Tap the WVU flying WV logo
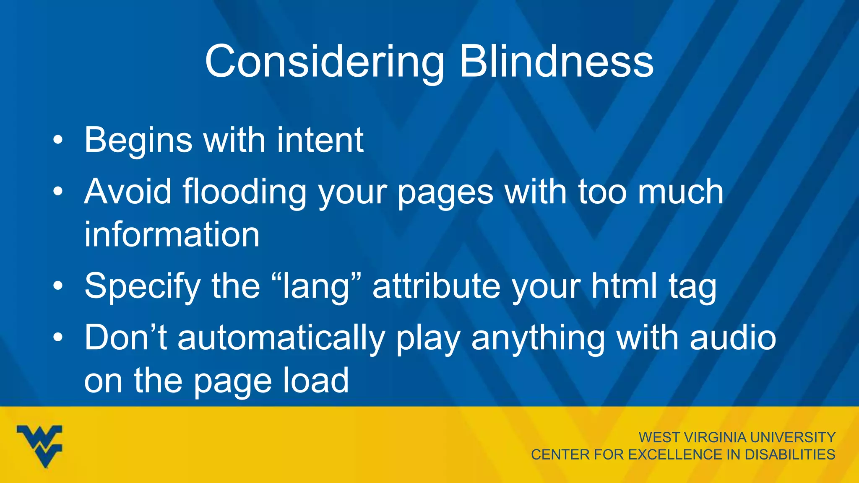[x=39, y=446]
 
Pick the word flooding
[x=245, y=192]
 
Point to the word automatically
[x=281, y=338]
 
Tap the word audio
[x=733, y=338]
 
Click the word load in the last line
[x=315, y=380]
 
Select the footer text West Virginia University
[x=737, y=437]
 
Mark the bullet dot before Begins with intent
[x=58, y=140]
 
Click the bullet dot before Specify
[x=58, y=286]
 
